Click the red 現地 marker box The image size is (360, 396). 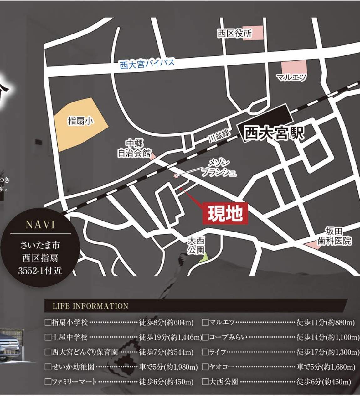225,214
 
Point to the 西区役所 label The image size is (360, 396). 234,34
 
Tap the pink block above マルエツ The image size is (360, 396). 293,67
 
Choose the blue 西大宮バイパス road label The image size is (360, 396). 147,64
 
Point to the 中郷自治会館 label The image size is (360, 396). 134,148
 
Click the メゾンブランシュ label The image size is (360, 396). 219,168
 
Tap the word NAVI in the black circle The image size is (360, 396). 40,225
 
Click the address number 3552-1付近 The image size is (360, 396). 40,270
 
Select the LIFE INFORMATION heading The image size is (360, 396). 90,306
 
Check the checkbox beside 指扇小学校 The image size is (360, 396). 48,322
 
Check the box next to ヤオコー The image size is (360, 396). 205,367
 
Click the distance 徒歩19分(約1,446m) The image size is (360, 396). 170,337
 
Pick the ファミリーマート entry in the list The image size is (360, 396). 74,382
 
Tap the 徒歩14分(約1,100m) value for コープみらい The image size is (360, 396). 328,337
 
